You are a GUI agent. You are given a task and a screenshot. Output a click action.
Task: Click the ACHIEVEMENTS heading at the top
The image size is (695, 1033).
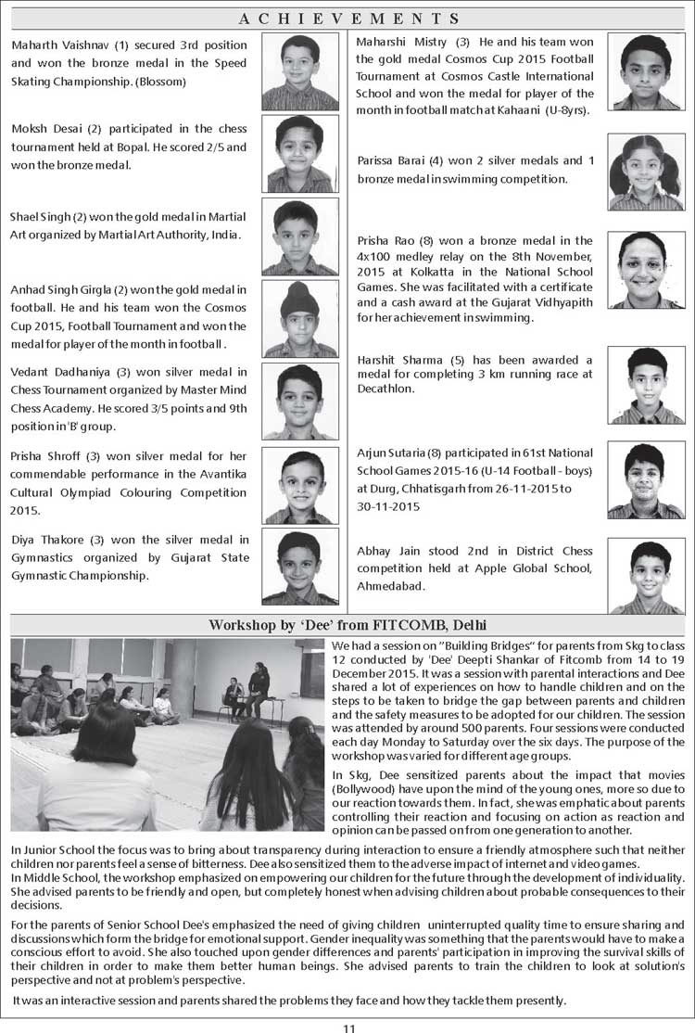(x=348, y=19)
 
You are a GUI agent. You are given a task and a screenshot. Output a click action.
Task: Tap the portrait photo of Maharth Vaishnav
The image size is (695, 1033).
(x=299, y=71)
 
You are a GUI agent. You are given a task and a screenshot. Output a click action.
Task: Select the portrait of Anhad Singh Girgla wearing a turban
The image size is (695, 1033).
(x=299, y=319)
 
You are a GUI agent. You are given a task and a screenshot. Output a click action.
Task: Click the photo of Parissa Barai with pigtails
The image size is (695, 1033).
(x=646, y=172)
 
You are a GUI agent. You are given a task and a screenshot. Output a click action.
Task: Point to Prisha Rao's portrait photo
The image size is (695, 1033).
(x=646, y=270)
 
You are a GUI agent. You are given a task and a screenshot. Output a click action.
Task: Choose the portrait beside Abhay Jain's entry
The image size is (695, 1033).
(x=646, y=577)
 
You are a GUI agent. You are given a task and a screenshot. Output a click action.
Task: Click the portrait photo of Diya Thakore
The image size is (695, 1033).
(x=299, y=566)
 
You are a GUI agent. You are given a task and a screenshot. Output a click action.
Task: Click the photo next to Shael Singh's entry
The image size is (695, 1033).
(x=299, y=236)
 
